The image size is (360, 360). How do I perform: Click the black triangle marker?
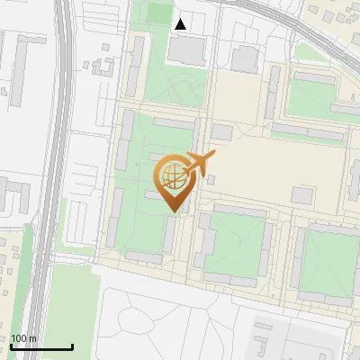coord(181,24)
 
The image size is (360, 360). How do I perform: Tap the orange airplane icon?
coord(200,163)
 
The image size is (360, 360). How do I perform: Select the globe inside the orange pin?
coord(172,175)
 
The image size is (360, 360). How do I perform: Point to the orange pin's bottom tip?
coord(172,212)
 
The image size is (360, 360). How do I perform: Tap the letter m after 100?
coord(33,339)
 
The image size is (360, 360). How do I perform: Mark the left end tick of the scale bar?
coord(11,347)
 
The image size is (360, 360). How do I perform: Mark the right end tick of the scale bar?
coord(72,347)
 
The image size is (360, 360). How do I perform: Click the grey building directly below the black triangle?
coord(186,50)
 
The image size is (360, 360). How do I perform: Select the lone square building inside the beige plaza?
coord(301,195)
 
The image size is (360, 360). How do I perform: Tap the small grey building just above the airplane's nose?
coord(221,133)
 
